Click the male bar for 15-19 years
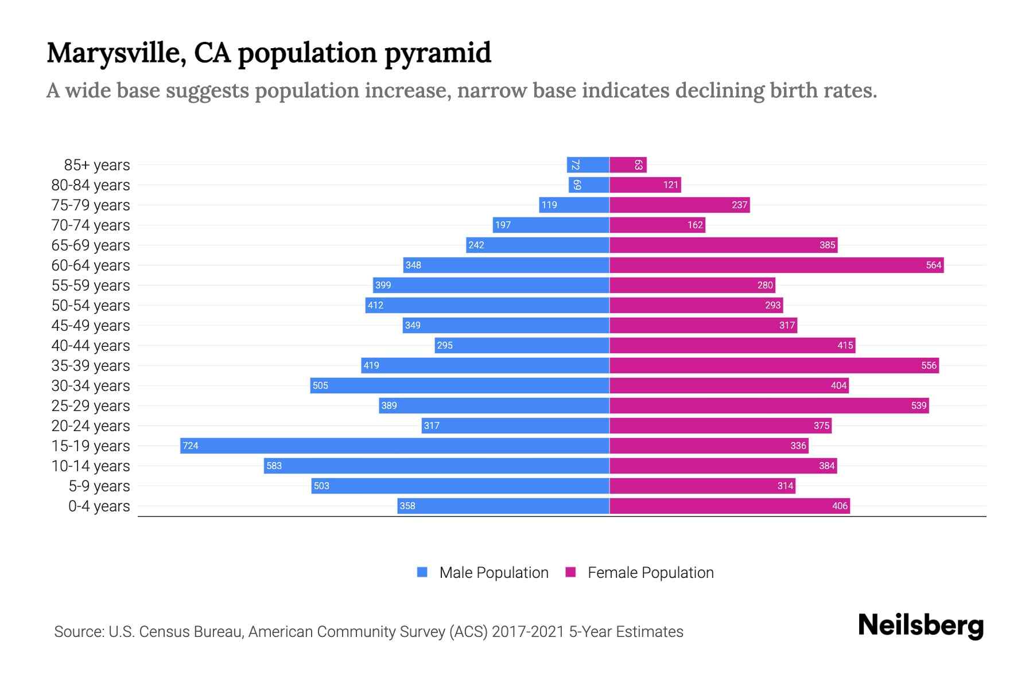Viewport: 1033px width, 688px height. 395,445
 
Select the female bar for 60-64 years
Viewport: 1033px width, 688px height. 776,265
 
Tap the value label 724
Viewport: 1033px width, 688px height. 191,445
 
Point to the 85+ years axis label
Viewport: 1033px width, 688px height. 97,165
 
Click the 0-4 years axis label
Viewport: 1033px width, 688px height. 99,506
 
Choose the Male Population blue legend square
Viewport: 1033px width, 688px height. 422,572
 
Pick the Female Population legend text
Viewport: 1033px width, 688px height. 650,573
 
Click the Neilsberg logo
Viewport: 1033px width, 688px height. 921,626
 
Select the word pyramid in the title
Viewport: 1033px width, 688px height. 438,53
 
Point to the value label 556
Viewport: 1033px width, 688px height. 929,365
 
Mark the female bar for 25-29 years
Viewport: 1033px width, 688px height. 769,405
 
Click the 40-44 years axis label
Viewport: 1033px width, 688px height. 91,346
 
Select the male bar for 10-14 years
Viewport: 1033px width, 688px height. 436,466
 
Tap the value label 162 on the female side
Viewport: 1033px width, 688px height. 695,225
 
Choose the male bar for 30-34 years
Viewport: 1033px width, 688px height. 459,385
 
